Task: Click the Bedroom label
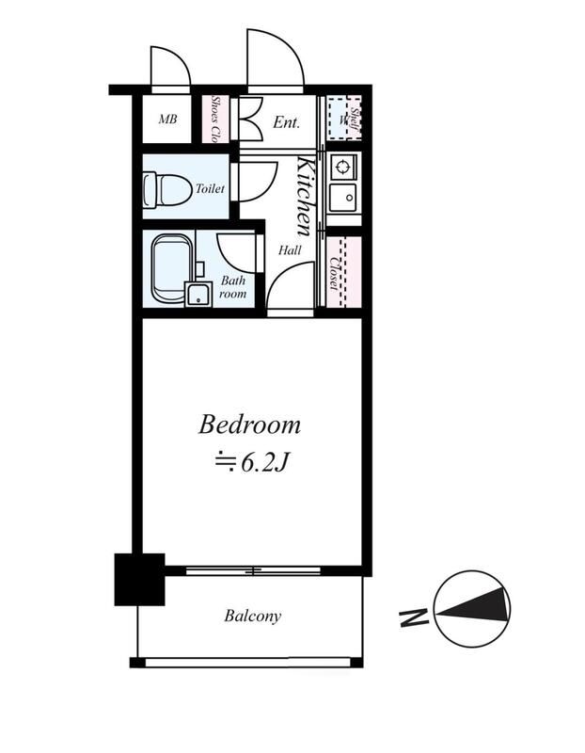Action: (x=249, y=425)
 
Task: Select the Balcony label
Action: (x=252, y=616)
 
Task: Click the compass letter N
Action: (x=414, y=617)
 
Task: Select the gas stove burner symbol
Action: (x=342, y=168)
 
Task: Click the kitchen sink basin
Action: (x=343, y=198)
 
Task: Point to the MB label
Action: (x=167, y=119)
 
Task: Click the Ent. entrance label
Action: (x=286, y=122)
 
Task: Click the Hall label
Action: (x=290, y=250)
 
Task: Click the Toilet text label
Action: (x=210, y=189)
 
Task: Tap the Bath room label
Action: (x=232, y=287)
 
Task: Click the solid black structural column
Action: (x=139, y=579)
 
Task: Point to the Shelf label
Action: (x=355, y=119)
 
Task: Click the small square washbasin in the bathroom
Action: (x=198, y=294)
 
